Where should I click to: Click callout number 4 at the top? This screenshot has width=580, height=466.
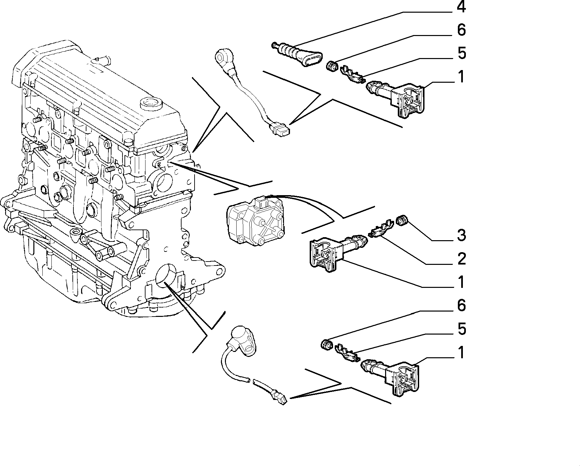(461, 7)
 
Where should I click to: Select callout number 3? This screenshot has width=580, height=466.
(461, 236)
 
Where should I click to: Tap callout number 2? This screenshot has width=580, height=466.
(461, 259)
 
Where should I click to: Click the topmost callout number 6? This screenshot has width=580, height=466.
(461, 30)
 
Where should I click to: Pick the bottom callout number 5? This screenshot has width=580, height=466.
(461, 329)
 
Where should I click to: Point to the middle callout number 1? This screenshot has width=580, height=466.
(461, 282)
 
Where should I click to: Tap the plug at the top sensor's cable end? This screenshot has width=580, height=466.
(280, 129)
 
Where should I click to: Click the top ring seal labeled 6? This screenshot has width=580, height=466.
(332, 66)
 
